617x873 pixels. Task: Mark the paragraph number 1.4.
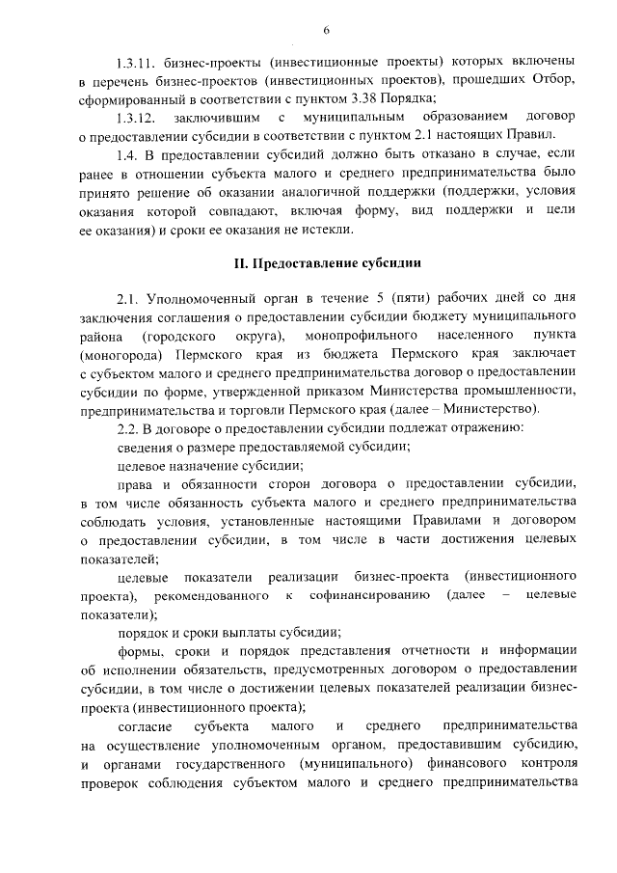(127, 155)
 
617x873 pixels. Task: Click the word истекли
(327, 230)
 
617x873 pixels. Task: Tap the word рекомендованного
(219, 596)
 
